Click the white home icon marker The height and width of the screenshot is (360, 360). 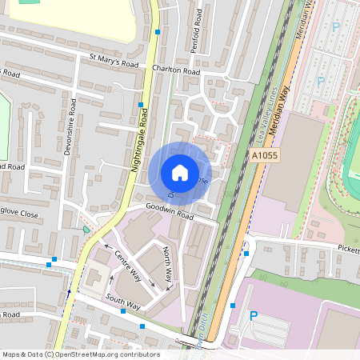coord(180,172)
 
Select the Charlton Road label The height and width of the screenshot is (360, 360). coord(175,70)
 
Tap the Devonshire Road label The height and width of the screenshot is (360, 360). coord(71,126)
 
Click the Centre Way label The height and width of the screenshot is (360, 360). coord(128,266)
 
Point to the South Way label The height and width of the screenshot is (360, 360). coord(122,302)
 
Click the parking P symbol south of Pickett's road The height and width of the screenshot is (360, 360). coord(254,316)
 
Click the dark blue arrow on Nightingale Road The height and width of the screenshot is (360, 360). coord(69,292)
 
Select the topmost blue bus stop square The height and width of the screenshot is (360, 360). coord(158,32)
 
